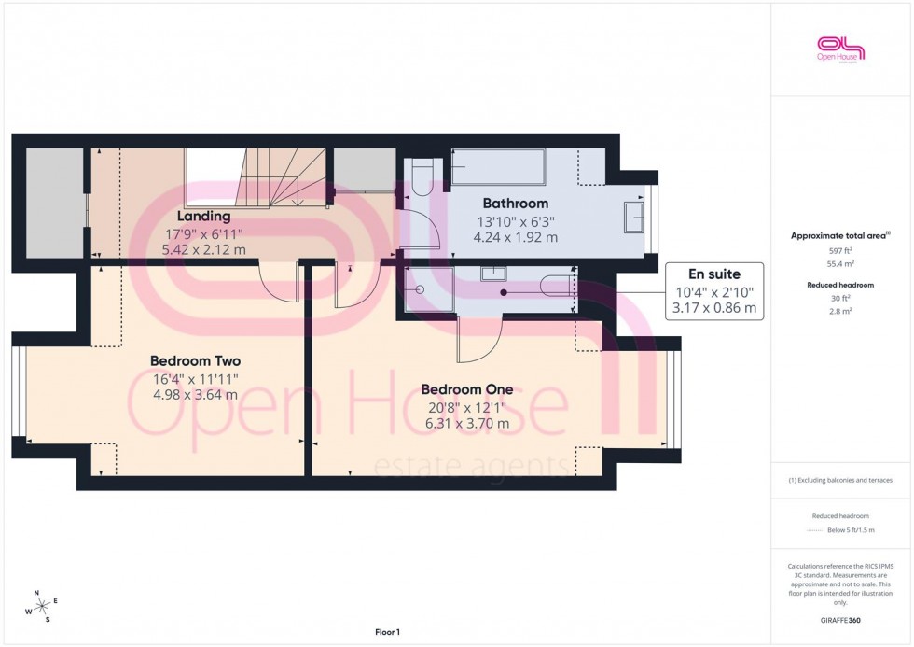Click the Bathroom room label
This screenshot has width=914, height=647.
(x=515, y=203)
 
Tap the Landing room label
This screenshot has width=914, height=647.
(x=204, y=217)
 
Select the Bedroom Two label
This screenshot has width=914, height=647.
(x=196, y=360)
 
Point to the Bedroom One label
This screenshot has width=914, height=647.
(x=464, y=389)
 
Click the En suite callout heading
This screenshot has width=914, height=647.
(x=713, y=274)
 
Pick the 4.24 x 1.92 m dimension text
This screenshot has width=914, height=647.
(x=515, y=237)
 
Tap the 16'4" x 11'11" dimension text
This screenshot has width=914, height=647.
(x=196, y=378)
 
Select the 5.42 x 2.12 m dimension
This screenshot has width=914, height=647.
(x=204, y=249)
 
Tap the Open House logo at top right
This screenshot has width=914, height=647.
(x=840, y=49)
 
